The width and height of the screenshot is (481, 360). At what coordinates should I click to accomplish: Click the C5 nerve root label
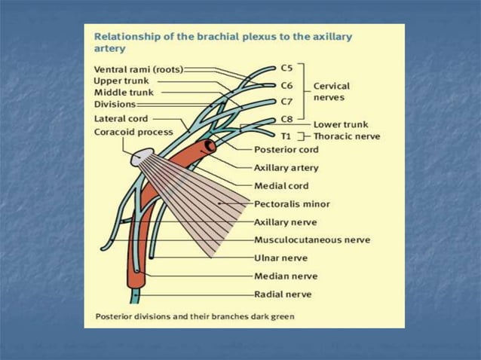(286, 68)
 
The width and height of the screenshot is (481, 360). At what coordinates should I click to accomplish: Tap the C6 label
(286, 85)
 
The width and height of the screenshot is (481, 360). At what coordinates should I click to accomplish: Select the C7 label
(286, 101)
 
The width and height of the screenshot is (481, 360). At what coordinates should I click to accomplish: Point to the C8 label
(286, 120)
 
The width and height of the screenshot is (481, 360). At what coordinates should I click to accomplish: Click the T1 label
(286, 136)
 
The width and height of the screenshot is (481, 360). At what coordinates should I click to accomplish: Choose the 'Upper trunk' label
(121, 81)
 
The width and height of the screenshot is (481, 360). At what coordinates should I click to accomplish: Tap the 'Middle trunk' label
(124, 92)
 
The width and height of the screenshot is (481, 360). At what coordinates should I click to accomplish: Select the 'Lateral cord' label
(121, 118)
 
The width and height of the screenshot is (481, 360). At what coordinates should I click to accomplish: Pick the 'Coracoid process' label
(133, 132)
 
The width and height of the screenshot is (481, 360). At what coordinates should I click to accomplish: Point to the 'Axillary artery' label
(286, 168)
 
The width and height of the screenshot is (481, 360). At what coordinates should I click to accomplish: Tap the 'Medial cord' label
(281, 186)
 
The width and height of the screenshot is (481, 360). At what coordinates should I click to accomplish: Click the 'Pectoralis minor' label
(292, 204)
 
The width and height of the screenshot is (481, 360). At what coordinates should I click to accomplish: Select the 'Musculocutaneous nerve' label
(312, 240)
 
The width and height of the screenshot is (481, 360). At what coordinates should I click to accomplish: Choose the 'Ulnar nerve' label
(280, 258)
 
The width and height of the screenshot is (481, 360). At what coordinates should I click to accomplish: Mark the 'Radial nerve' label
(283, 294)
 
